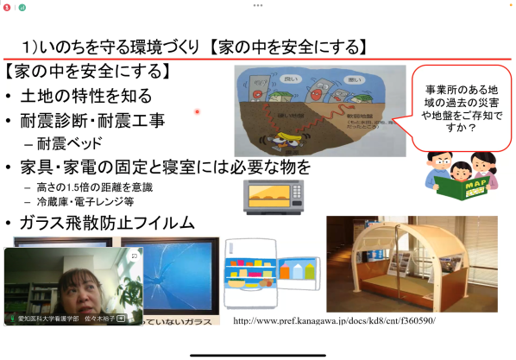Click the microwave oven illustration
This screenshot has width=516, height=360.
pos(275,196)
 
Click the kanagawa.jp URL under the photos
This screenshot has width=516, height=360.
pos(335,320)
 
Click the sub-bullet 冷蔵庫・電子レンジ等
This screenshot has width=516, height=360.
pos(83,202)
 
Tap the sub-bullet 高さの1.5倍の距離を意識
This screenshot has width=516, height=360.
pos(90,187)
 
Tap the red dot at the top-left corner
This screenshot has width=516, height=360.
pos(6,6)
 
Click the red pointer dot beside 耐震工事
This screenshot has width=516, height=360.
pos(197,111)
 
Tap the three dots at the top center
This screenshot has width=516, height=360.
pos(257,4)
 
